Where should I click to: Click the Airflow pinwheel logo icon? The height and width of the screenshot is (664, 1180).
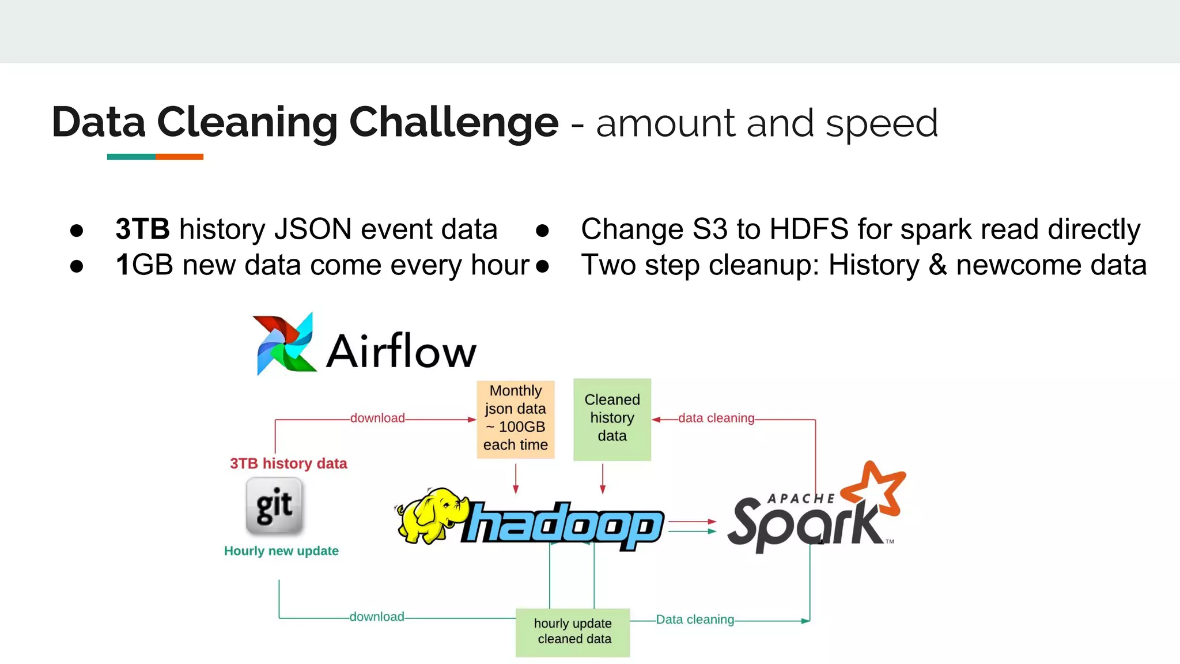coord(285,345)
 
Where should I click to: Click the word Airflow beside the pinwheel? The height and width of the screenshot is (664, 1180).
coord(402,351)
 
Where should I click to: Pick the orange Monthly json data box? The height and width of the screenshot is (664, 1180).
coord(516,419)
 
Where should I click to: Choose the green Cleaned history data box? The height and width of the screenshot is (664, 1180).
coord(612,419)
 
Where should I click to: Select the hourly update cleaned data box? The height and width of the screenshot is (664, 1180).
coord(573,632)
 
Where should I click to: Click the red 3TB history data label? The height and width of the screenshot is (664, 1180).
coord(288,463)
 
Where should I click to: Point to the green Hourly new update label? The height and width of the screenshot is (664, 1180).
coord(281,551)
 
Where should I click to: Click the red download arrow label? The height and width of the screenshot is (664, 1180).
coord(377,418)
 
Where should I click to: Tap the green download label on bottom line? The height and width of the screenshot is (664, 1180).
coord(377,617)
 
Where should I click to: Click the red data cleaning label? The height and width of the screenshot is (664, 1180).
coord(716,418)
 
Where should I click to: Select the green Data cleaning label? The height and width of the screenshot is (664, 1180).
coord(695,620)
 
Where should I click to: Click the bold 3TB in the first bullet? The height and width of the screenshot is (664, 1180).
coord(142,229)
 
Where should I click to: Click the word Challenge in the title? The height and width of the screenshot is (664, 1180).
coord(453,122)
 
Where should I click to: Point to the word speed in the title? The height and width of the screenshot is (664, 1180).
coord(882,123)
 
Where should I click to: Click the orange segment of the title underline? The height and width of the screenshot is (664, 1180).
coord(179,157)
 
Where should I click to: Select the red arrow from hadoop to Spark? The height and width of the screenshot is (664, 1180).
coord(691,522)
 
